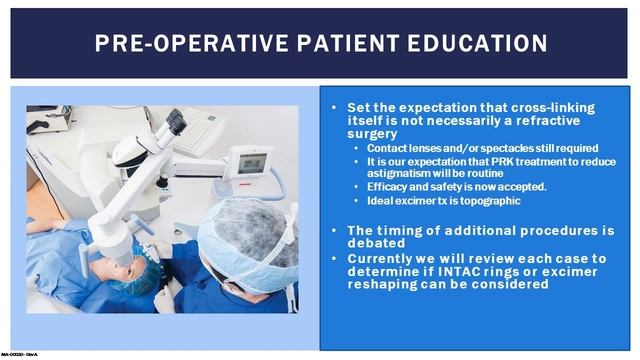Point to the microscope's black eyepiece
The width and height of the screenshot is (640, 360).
171,124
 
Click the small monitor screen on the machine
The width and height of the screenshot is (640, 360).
251,162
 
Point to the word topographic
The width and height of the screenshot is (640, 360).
475,199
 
